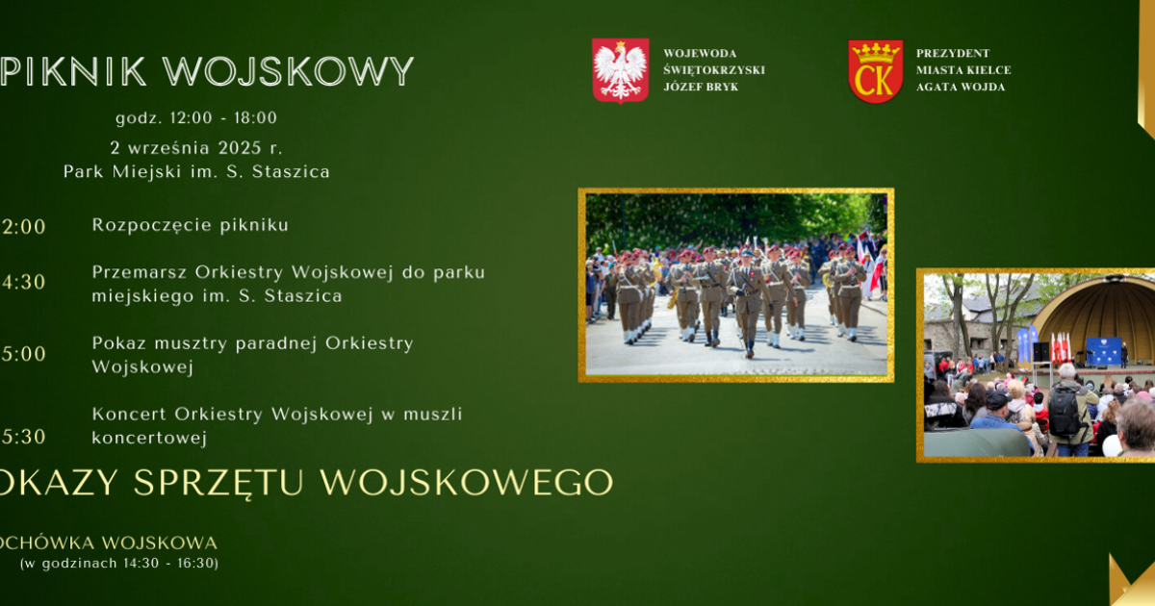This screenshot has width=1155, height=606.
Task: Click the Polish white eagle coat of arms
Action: coord(620,70)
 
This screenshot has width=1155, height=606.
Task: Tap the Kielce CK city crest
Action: coord(875,71)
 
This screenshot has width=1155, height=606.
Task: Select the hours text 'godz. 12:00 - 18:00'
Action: coord(196,118)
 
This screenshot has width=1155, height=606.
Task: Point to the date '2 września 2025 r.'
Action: coord(196,148)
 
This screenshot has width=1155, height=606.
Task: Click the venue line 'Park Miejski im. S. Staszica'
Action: coord(196,172)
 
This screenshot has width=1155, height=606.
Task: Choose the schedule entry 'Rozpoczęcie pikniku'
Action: coord(191,225)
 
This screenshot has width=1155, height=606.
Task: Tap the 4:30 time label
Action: coord(23,283)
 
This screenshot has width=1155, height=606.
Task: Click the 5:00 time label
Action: coord(23,354)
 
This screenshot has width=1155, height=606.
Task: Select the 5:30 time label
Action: coord(23,437)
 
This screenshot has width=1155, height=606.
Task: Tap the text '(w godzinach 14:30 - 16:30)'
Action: coord(119,564)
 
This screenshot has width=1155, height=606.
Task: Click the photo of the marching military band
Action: coord(736,285)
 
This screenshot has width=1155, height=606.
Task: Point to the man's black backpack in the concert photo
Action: coord(1064,412)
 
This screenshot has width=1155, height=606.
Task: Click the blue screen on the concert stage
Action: coord(1103,351)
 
